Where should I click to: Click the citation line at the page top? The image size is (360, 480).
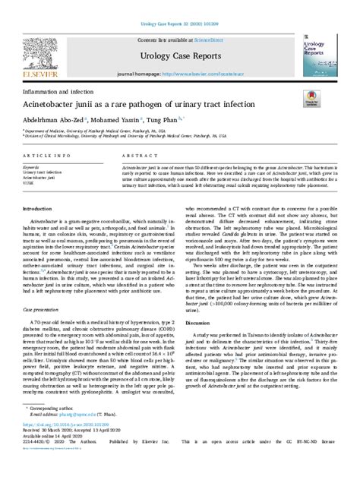pyautogui.click(x=179, y=5)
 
